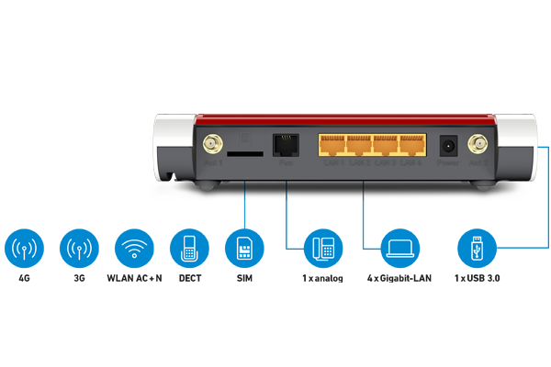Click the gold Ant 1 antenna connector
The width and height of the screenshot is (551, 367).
coord(209,146)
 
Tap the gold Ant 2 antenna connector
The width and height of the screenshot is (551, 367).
coord(478,145)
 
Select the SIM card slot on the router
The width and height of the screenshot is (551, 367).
coord(241,154)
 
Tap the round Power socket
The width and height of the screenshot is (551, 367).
coord(449,146)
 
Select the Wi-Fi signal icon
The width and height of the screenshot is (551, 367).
coord(135,248)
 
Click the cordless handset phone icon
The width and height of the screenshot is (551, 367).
coord(189,248)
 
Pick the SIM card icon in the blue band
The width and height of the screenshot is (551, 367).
coord(245,248)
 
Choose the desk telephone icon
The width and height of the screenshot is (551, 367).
coord(323,248)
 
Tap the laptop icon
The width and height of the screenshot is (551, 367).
coord(400,248)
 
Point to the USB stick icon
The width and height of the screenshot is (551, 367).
coord(476,248)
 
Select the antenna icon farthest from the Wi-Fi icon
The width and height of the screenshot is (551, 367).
coord(25,248)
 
